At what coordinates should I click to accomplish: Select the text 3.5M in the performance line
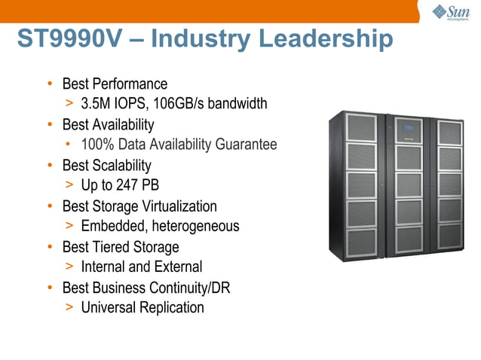click(x=97, y=104)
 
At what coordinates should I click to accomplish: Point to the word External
click(x=177, y=267)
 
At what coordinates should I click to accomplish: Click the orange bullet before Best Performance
click(x=50, y=84)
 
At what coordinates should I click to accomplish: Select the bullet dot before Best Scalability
click(x=50, y=165)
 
